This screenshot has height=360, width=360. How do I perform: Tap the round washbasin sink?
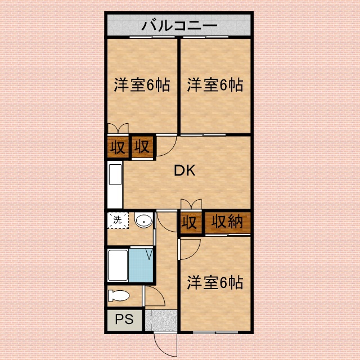point(144,220)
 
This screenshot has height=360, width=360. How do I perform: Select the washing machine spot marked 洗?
point(118,220)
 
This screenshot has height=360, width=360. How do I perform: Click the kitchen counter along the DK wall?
point(115,186)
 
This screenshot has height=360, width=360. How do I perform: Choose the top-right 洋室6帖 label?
point(215,85)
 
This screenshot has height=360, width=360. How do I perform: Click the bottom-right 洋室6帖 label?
point(215,282)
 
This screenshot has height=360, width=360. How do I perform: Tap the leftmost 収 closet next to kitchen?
point(117,147)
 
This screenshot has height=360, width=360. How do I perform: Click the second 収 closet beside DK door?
point(142,147)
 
